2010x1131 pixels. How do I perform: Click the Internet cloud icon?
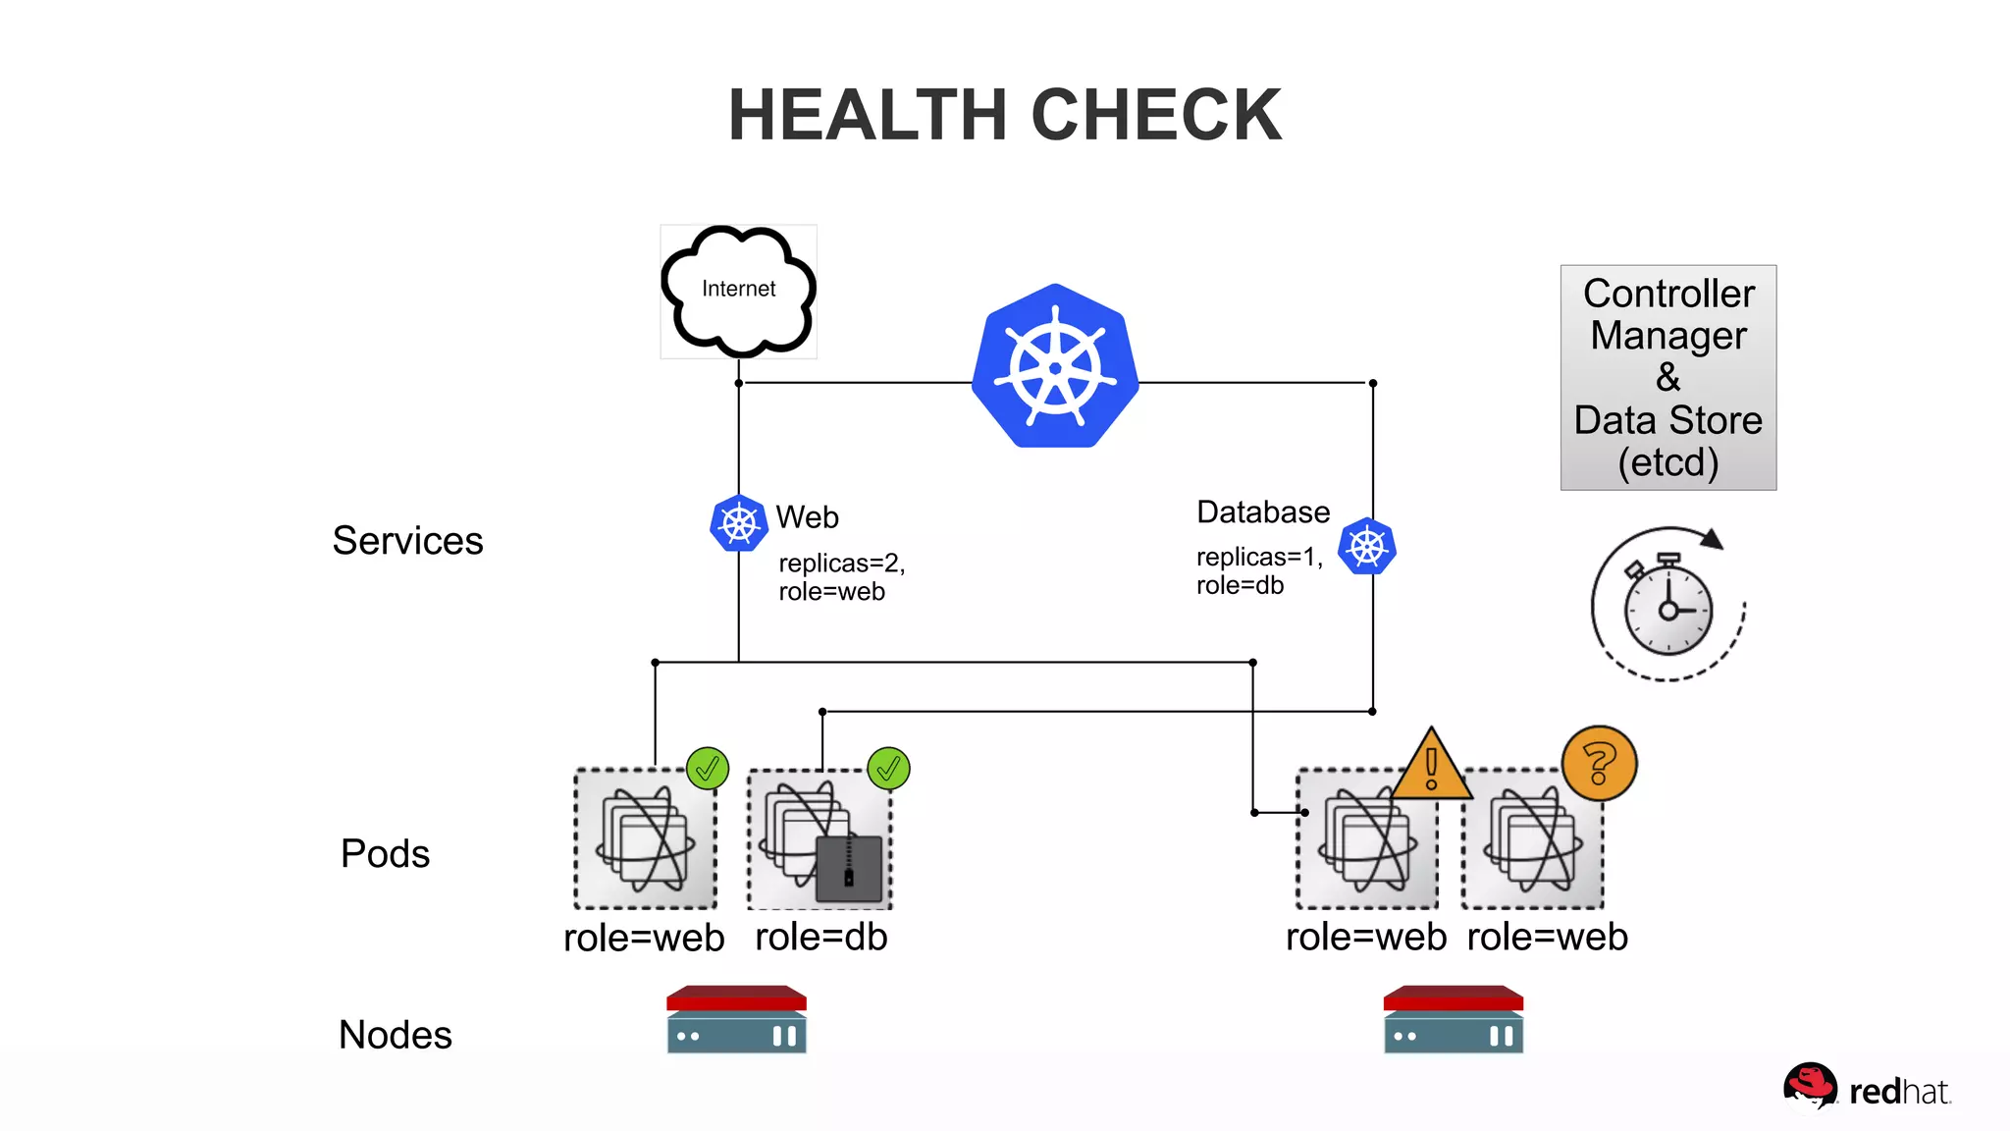pyautogui.click(x=738, y=291)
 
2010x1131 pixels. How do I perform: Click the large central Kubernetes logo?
pyautogui.click(x=1055, y=367)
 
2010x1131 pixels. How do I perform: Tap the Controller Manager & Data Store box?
pyautogui.click(x=1667, y=377)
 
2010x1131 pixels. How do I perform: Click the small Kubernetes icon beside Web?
pyautogui.click(x=738, y=523)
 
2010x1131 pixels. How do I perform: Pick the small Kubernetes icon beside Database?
pyautogui.click(x=1366, y=546)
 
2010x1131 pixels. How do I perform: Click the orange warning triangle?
pyautogui.click(x=1431, y=767)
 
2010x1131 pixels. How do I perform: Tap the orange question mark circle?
pyautogui.click(x=1599, y=763)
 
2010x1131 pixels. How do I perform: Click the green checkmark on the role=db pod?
pyautogui.click(x=888, y=769)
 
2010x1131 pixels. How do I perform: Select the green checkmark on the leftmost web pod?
pyautogui.click(x=707, y=769)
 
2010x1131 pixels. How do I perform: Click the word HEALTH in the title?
pyautogui.click(x=868, y=115)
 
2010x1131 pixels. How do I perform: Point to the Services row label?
pyautogui.click(x=407, y=541)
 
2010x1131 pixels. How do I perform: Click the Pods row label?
pyautogui.click(x=385, y=853)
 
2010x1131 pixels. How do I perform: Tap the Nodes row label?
pyautogui.click(x=395, y=1035)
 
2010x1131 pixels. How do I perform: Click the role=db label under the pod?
pyautogui.click(x=820, y=937)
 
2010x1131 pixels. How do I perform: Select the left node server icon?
pyautogui.click(x=736, y=1020)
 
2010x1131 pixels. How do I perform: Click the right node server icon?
pyautogui.click(x=1453, y=1020)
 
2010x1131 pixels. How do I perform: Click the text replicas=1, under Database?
pyautogui.click(x=1258, y=557)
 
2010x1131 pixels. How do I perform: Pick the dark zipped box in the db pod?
pyautogui.click(x=849, y=869)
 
